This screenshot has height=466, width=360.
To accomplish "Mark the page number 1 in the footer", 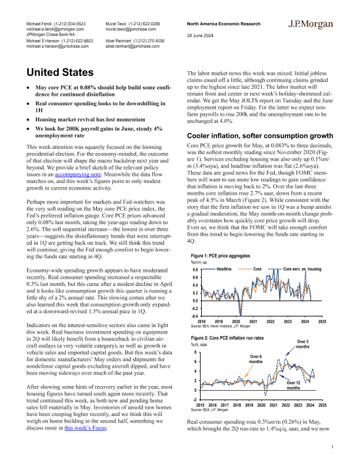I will click(x=332, y=448).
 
